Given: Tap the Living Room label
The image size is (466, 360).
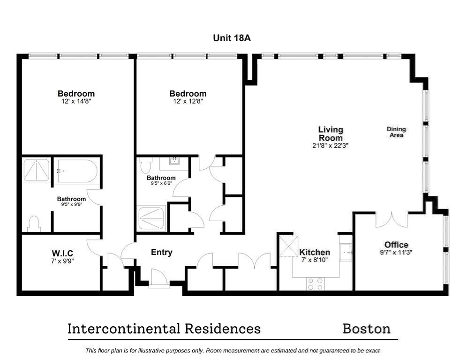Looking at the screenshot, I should click(x=331, y=134).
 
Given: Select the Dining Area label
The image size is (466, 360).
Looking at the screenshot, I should click(x=396, y=132).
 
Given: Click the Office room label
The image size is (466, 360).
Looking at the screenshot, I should click(x=396, y=245).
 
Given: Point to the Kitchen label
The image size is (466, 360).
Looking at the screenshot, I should click(x=315, y=252).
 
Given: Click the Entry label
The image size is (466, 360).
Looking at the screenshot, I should click(x=161, y=252).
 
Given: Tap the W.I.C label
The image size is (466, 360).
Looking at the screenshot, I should click(x=62, y=253).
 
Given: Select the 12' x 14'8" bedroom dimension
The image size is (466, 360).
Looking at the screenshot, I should click(x=76, y=101).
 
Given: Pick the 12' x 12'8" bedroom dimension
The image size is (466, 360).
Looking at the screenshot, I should click(x=188, y=101).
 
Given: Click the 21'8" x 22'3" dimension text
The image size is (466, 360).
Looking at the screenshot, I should click(x=331, y=146).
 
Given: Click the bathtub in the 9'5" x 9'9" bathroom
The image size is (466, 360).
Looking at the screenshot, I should click(x=77, y=172).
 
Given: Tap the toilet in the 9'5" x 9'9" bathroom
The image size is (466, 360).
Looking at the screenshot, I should click(x=34, y=224).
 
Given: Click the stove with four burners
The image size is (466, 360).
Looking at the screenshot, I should click(x=315, y=283).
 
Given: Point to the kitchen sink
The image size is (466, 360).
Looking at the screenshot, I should click(x=346, y=252).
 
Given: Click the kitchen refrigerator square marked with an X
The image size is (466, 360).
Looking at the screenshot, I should click(x=288, y=245).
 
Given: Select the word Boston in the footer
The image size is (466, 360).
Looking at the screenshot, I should click(x=367, y=329).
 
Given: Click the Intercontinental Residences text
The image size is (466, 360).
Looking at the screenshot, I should click(x=164, y=329).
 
